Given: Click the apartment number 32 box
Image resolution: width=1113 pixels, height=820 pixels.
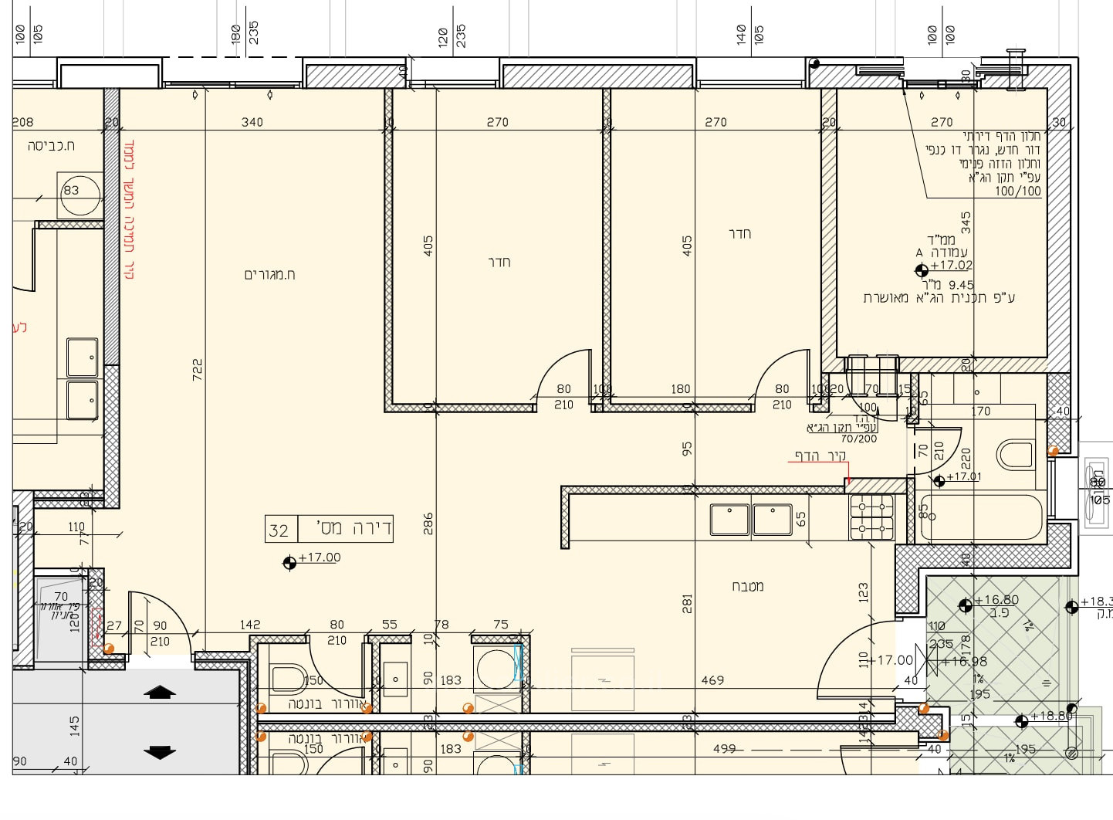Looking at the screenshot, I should [279, 530].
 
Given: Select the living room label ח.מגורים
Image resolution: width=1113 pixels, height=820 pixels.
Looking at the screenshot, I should [269, 274].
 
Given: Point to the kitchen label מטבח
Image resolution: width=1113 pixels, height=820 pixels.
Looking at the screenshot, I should [747, 586].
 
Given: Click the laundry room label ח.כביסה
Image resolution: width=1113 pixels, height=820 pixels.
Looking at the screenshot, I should [51, 146].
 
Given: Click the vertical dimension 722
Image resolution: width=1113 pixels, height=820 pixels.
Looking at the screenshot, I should [198, 369].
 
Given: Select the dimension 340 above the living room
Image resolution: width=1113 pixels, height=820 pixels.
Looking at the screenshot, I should [252, 122].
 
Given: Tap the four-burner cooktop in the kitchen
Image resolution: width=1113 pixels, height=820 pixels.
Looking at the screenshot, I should [871, 517].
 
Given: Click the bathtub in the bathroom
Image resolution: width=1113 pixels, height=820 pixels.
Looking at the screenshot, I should [981, 517].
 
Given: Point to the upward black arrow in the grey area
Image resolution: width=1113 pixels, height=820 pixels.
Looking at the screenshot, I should [160, 693].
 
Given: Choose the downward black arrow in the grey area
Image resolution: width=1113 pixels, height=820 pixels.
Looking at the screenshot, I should [160, 751].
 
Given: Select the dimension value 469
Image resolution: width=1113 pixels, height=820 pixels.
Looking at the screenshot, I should [712, 680].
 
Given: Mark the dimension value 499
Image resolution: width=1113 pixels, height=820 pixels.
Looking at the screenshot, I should [724, 748].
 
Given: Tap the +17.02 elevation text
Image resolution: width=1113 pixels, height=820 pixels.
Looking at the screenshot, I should [951, 265].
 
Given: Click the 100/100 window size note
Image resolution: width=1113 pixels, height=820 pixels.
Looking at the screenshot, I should [1017, 191].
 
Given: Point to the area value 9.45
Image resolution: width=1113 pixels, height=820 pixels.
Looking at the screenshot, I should [961, 285].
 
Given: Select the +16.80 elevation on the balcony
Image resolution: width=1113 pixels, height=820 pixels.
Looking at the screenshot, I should [996, 600].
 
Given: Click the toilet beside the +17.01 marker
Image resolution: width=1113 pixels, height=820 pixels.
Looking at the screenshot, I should [1014, 455].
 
